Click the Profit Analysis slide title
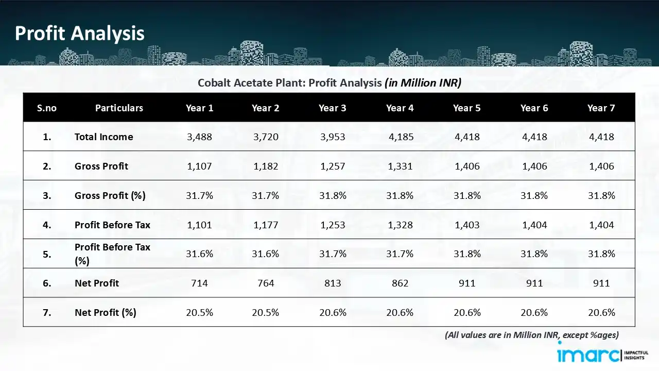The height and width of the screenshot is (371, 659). (x=80, y=33)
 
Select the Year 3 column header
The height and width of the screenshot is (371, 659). (x=332, y=108)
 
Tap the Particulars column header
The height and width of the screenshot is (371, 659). (x=119, y=108)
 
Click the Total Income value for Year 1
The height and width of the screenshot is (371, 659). (x=199, y=137)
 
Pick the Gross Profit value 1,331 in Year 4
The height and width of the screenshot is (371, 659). (x=400, y=166)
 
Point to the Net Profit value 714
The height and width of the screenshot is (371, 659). (x=199, y=283)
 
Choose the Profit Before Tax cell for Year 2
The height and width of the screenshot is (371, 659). (x=265, y=225)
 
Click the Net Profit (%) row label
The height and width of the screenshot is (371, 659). (x=105, y=312)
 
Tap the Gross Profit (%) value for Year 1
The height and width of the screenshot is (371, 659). (x=199, y=196)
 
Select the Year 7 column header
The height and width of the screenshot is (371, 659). (x=601, y=108)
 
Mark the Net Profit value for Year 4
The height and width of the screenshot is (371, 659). (x=400, y=283)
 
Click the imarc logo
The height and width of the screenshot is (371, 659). (x=589, y=355)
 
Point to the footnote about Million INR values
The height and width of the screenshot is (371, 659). (x=531, y=335)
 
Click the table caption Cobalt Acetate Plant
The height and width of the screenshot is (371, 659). (x=329, y=83)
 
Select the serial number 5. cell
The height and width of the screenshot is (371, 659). (x=47, y=254)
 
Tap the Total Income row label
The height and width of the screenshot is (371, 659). (x=103, y=137)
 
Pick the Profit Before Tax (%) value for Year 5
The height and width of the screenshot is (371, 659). (x=466, y=254)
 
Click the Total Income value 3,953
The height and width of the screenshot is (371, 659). (x=332, y=137)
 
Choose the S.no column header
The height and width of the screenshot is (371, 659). (x=47, y=108)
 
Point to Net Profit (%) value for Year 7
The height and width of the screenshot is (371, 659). (x=601, y=312)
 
